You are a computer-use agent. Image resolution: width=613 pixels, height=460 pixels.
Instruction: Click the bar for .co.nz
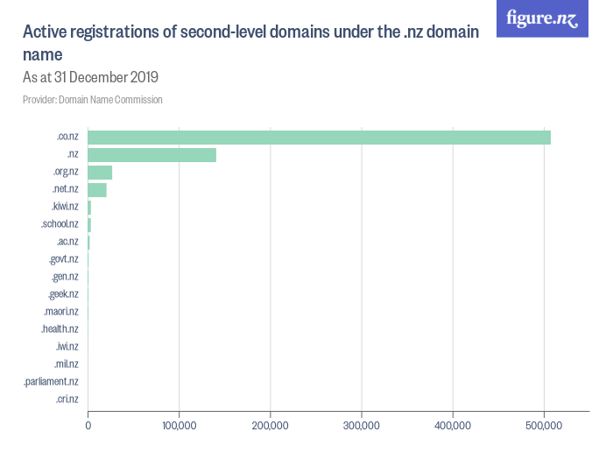click(319, 138)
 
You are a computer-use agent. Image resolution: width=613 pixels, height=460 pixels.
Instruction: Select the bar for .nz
click(151, 155)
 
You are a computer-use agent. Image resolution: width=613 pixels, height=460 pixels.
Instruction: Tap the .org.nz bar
click(100, 173)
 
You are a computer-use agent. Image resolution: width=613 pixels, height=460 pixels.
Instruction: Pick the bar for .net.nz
click(97, 190)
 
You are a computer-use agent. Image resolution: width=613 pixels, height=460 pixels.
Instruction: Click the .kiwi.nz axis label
click(65, 207)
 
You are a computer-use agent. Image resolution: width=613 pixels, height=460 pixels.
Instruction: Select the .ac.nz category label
click(67, 242)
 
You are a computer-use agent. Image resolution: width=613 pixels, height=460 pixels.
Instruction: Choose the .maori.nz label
click(61, 312)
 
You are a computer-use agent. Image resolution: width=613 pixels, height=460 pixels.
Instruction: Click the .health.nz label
click(60, 329)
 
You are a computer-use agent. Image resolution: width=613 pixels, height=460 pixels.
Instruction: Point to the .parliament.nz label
click(52, 382)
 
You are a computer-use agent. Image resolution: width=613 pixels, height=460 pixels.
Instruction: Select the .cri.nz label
click(67, 400)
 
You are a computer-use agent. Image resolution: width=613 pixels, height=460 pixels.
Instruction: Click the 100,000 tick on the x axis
click(179, 427)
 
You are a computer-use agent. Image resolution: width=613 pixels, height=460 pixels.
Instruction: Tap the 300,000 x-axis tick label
click(361, 427)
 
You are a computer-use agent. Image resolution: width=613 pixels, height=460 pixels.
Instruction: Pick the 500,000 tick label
click(543, 427)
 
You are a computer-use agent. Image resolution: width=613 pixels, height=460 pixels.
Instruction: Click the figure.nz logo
click(542, 18)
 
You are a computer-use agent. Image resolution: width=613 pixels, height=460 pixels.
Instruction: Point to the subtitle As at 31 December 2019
click(90, 77)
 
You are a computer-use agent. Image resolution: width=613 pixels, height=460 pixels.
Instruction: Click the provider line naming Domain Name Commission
click(93, 100)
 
